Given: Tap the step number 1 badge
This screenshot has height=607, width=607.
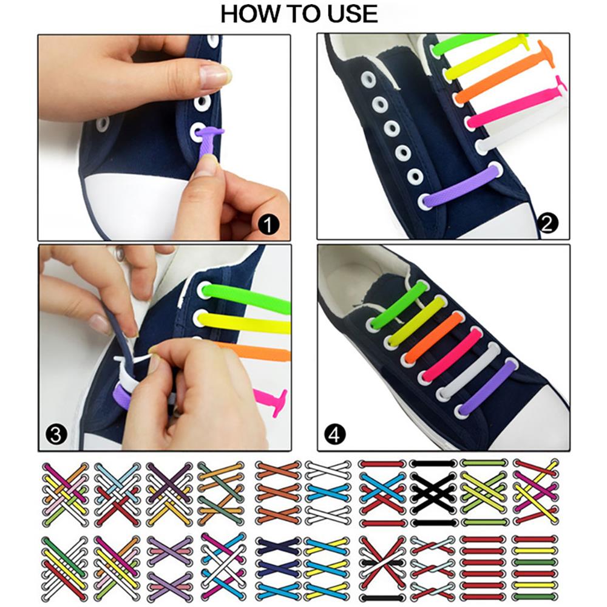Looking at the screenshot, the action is pos(268,225).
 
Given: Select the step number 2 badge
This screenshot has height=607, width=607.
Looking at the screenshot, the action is pos(548,223).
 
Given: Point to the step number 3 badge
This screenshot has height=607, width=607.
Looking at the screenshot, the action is pos(56,435).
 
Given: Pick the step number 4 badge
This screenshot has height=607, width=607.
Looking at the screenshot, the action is pos(335,435).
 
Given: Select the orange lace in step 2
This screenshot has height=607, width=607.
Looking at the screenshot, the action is pos(503,73).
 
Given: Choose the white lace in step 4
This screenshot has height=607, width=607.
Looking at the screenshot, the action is pos(469,370).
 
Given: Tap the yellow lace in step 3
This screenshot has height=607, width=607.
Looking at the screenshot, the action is pos(244,322).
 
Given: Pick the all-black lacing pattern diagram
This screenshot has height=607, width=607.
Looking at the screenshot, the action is pos(433,493).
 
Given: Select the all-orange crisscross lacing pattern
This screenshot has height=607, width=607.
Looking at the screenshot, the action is pos(278,493).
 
